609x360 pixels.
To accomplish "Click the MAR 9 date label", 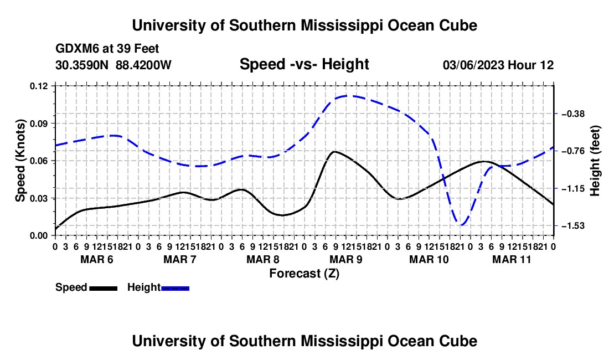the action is (x=345, y=259).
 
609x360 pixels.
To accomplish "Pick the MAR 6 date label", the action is (x=97, y=259).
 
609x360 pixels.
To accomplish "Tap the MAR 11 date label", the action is (x=512, y=259).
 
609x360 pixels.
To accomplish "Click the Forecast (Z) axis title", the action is (x=304, y=274).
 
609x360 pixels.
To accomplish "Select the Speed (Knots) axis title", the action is (x=20, y=161).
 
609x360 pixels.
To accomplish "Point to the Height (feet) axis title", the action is (x=595, y=161).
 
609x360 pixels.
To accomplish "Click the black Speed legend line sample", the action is (x=104, y=288).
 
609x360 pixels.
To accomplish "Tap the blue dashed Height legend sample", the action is (x=175, y=288).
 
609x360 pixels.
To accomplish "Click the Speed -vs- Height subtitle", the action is (x=304, y=64).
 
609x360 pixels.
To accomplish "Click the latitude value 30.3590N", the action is (x=82, y=65).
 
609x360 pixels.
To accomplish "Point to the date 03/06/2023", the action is (x=473, y=65).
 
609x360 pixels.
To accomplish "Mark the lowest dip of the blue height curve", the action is (x=461, y=225).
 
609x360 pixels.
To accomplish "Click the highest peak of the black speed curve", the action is (x=334, y=151).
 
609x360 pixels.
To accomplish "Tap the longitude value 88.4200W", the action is (x=143, y=65).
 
